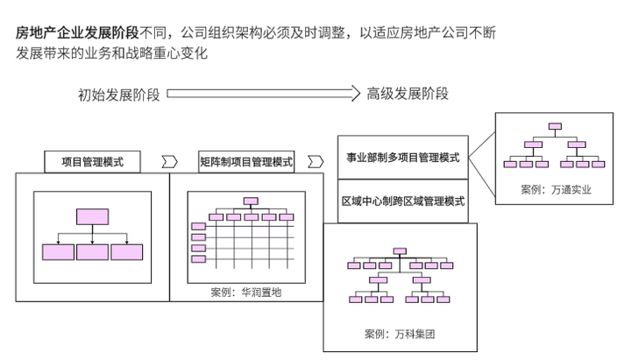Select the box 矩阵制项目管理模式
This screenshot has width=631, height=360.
[246, 162]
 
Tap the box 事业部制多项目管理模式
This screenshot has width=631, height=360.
[402, 158]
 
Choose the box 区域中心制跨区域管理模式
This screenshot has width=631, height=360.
[402, 201]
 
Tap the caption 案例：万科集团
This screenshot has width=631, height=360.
[400, 334]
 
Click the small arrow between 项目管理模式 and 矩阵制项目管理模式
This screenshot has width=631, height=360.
[169, 162]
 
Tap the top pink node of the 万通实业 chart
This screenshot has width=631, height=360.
[554, 127]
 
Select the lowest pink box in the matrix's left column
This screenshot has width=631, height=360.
[198, 259]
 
